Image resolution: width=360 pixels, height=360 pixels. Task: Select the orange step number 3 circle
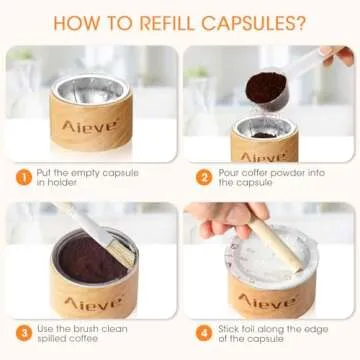coord(22,331)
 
